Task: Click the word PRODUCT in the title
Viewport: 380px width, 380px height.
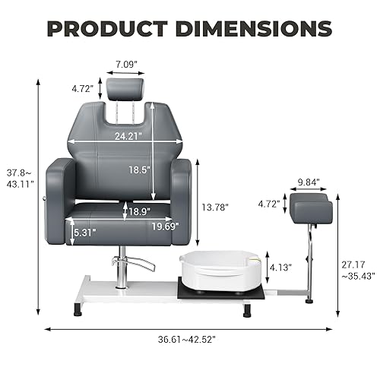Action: (x=107, y=29)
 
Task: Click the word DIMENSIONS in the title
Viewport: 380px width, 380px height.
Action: (x=254, y=29)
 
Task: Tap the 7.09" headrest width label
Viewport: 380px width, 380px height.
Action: (x=126, y=65)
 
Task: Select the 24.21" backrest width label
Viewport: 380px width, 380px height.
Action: (x=128, y=136)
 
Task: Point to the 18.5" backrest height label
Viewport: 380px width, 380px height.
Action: (x=140, y=169)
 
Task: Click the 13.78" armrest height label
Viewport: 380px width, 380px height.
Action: (x=215, y=207)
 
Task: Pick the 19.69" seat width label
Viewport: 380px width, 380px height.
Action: (x=166, y=226)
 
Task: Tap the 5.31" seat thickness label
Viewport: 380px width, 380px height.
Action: (x=85, y=233)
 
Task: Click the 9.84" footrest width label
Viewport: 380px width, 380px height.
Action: (x=309, y=182)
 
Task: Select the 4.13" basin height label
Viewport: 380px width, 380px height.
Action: (x=280, y=268)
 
